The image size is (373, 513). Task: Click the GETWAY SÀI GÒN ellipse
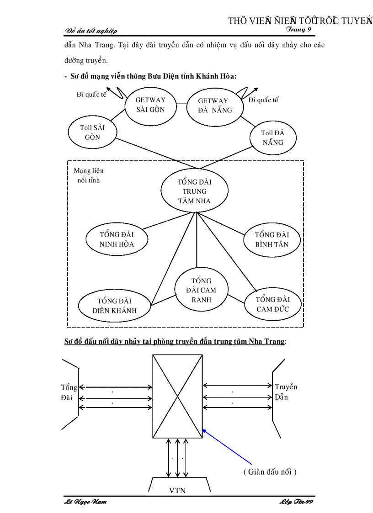click(x=151, y=105)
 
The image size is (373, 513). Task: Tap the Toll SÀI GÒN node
click(x=92, y=132)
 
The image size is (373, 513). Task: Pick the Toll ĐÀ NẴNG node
click(x=273, y=137)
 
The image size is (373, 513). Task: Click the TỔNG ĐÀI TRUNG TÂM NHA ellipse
click(x=195, y=191)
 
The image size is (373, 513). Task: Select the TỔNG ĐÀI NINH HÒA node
click(x=117, y=239)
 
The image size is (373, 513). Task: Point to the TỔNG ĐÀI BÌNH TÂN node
click(x=272, y=239)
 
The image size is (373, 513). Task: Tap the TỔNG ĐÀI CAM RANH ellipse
click(x=202, y=290)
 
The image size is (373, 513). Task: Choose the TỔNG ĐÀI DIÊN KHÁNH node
click(x=114, y=306)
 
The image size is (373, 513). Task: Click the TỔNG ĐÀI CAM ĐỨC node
click(x=272, y=304)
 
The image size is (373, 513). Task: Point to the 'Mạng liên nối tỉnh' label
click(x=89, y=175)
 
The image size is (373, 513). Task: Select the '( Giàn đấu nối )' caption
click(x=270, y=471)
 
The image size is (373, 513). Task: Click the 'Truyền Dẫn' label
click(x=286, y=392)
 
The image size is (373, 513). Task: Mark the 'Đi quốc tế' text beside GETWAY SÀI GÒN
click(x=91, y=95)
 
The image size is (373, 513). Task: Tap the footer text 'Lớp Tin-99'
click(x=296, y=502)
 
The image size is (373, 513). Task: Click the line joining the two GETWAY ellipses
click(x=182, y=104)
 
